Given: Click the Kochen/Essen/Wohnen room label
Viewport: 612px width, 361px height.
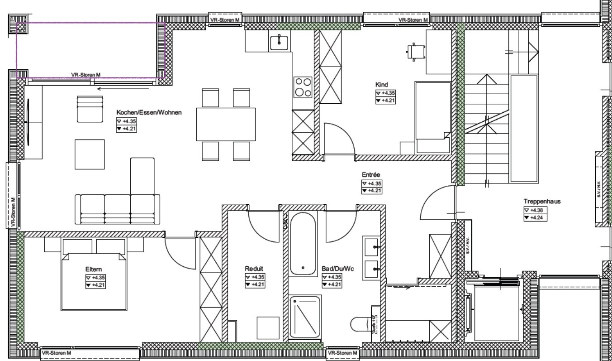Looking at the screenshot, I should [x=149, y=112].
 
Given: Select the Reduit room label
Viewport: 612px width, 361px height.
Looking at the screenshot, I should [x=254, y=269].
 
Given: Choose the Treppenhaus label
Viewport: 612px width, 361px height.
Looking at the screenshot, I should [x=542, y=201].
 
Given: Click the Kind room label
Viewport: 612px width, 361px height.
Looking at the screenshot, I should [x=382, y=84].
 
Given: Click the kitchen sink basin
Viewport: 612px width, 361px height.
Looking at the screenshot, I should [x=279, y=43].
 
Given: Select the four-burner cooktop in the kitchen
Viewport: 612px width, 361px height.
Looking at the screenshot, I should [x=303, y=87].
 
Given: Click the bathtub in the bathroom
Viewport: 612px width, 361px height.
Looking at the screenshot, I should [x=303, y=244].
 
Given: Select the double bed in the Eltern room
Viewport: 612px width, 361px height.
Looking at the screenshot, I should [x=94, y=281].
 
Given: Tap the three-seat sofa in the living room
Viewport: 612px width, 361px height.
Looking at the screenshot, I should [x=118, y=209].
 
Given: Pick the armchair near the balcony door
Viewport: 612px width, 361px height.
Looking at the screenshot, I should [x=90, y=109].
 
